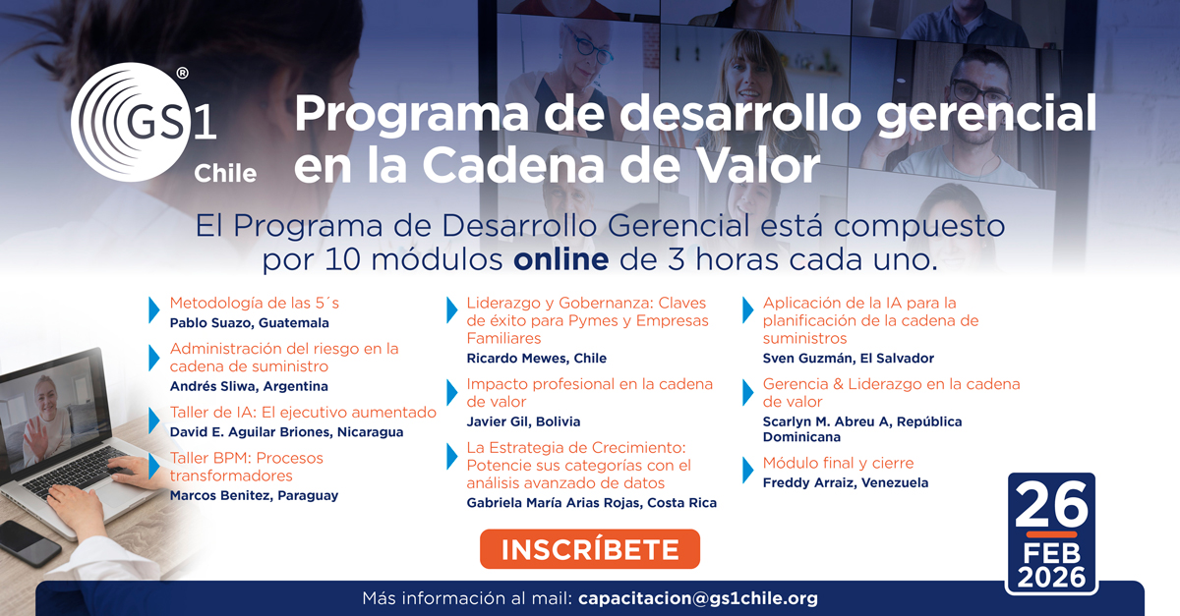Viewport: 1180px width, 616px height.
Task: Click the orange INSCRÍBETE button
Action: [589, 549]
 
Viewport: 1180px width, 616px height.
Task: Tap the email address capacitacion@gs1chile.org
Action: [698, 597]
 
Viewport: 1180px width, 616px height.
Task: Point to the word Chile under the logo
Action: [225, 174]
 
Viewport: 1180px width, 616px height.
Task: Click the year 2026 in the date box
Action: [1051, 575]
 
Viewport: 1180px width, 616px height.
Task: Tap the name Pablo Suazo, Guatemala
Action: [249, 322]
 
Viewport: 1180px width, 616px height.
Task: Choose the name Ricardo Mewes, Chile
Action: [536, 359]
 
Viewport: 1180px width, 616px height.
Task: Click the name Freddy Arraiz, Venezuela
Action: [845, 482]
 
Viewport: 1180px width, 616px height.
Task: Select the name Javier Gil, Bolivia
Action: [523, 421]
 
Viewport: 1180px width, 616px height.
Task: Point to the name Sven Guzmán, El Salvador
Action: [848, 359]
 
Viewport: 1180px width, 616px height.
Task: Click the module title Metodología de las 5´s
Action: [254, 303]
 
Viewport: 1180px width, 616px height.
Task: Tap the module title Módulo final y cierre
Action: [838, 463]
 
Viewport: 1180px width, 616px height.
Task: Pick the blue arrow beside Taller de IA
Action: [154, 420]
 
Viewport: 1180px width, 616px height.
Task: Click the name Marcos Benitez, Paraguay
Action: [254, 495]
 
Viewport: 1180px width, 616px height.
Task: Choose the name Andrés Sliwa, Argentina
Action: [249, 386]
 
